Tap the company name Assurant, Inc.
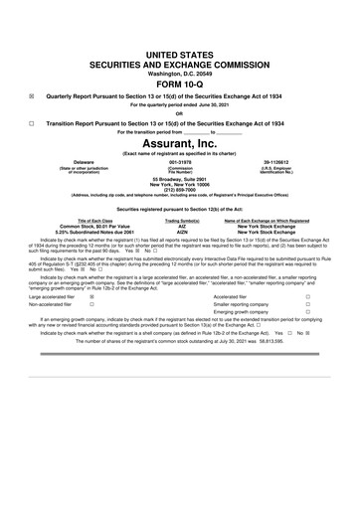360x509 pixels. tap(180, 169)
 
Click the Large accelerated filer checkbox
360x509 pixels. tap(93, 323)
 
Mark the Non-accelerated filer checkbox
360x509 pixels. tap(93, 333)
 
